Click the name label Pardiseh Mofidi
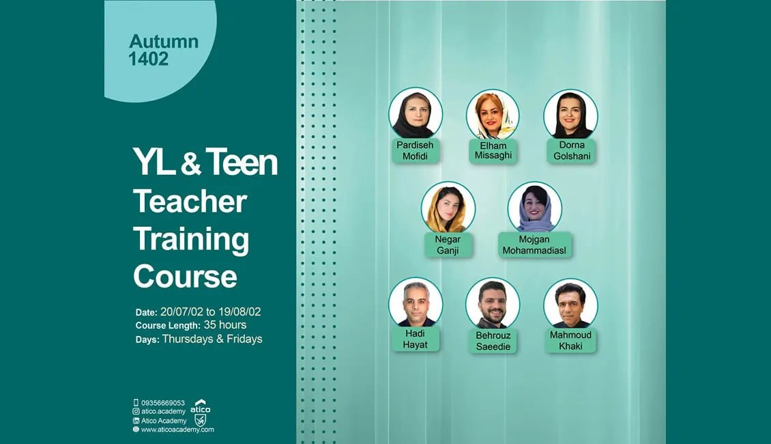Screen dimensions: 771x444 coord(415,151)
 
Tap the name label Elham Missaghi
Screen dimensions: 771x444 coord(493,151)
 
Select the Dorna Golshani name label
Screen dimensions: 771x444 coord(571,151)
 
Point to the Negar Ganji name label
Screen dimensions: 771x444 coord(448,245)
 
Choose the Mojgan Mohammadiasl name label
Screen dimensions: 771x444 coord(534,245)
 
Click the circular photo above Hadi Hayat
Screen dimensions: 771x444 coord(416,304)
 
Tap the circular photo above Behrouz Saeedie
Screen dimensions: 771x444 coord(493,304)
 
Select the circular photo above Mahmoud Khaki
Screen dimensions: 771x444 coord(571,304)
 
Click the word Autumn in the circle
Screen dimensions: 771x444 coord(164,42)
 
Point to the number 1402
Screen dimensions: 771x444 coord(149,59)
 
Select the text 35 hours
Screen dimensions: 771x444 coord(225,325)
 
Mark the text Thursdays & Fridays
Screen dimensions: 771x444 coord(212,339)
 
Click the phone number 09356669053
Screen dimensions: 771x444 coord(163,402)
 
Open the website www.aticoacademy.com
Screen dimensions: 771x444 coord(177,429)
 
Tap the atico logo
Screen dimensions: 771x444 coord(200,413)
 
